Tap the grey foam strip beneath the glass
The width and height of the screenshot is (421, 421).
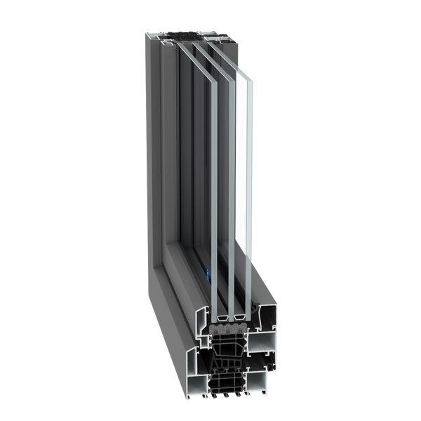pyautogui.click(x=226, y=326)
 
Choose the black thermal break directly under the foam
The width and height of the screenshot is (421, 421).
pyautogui.click(x=225, y=344)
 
